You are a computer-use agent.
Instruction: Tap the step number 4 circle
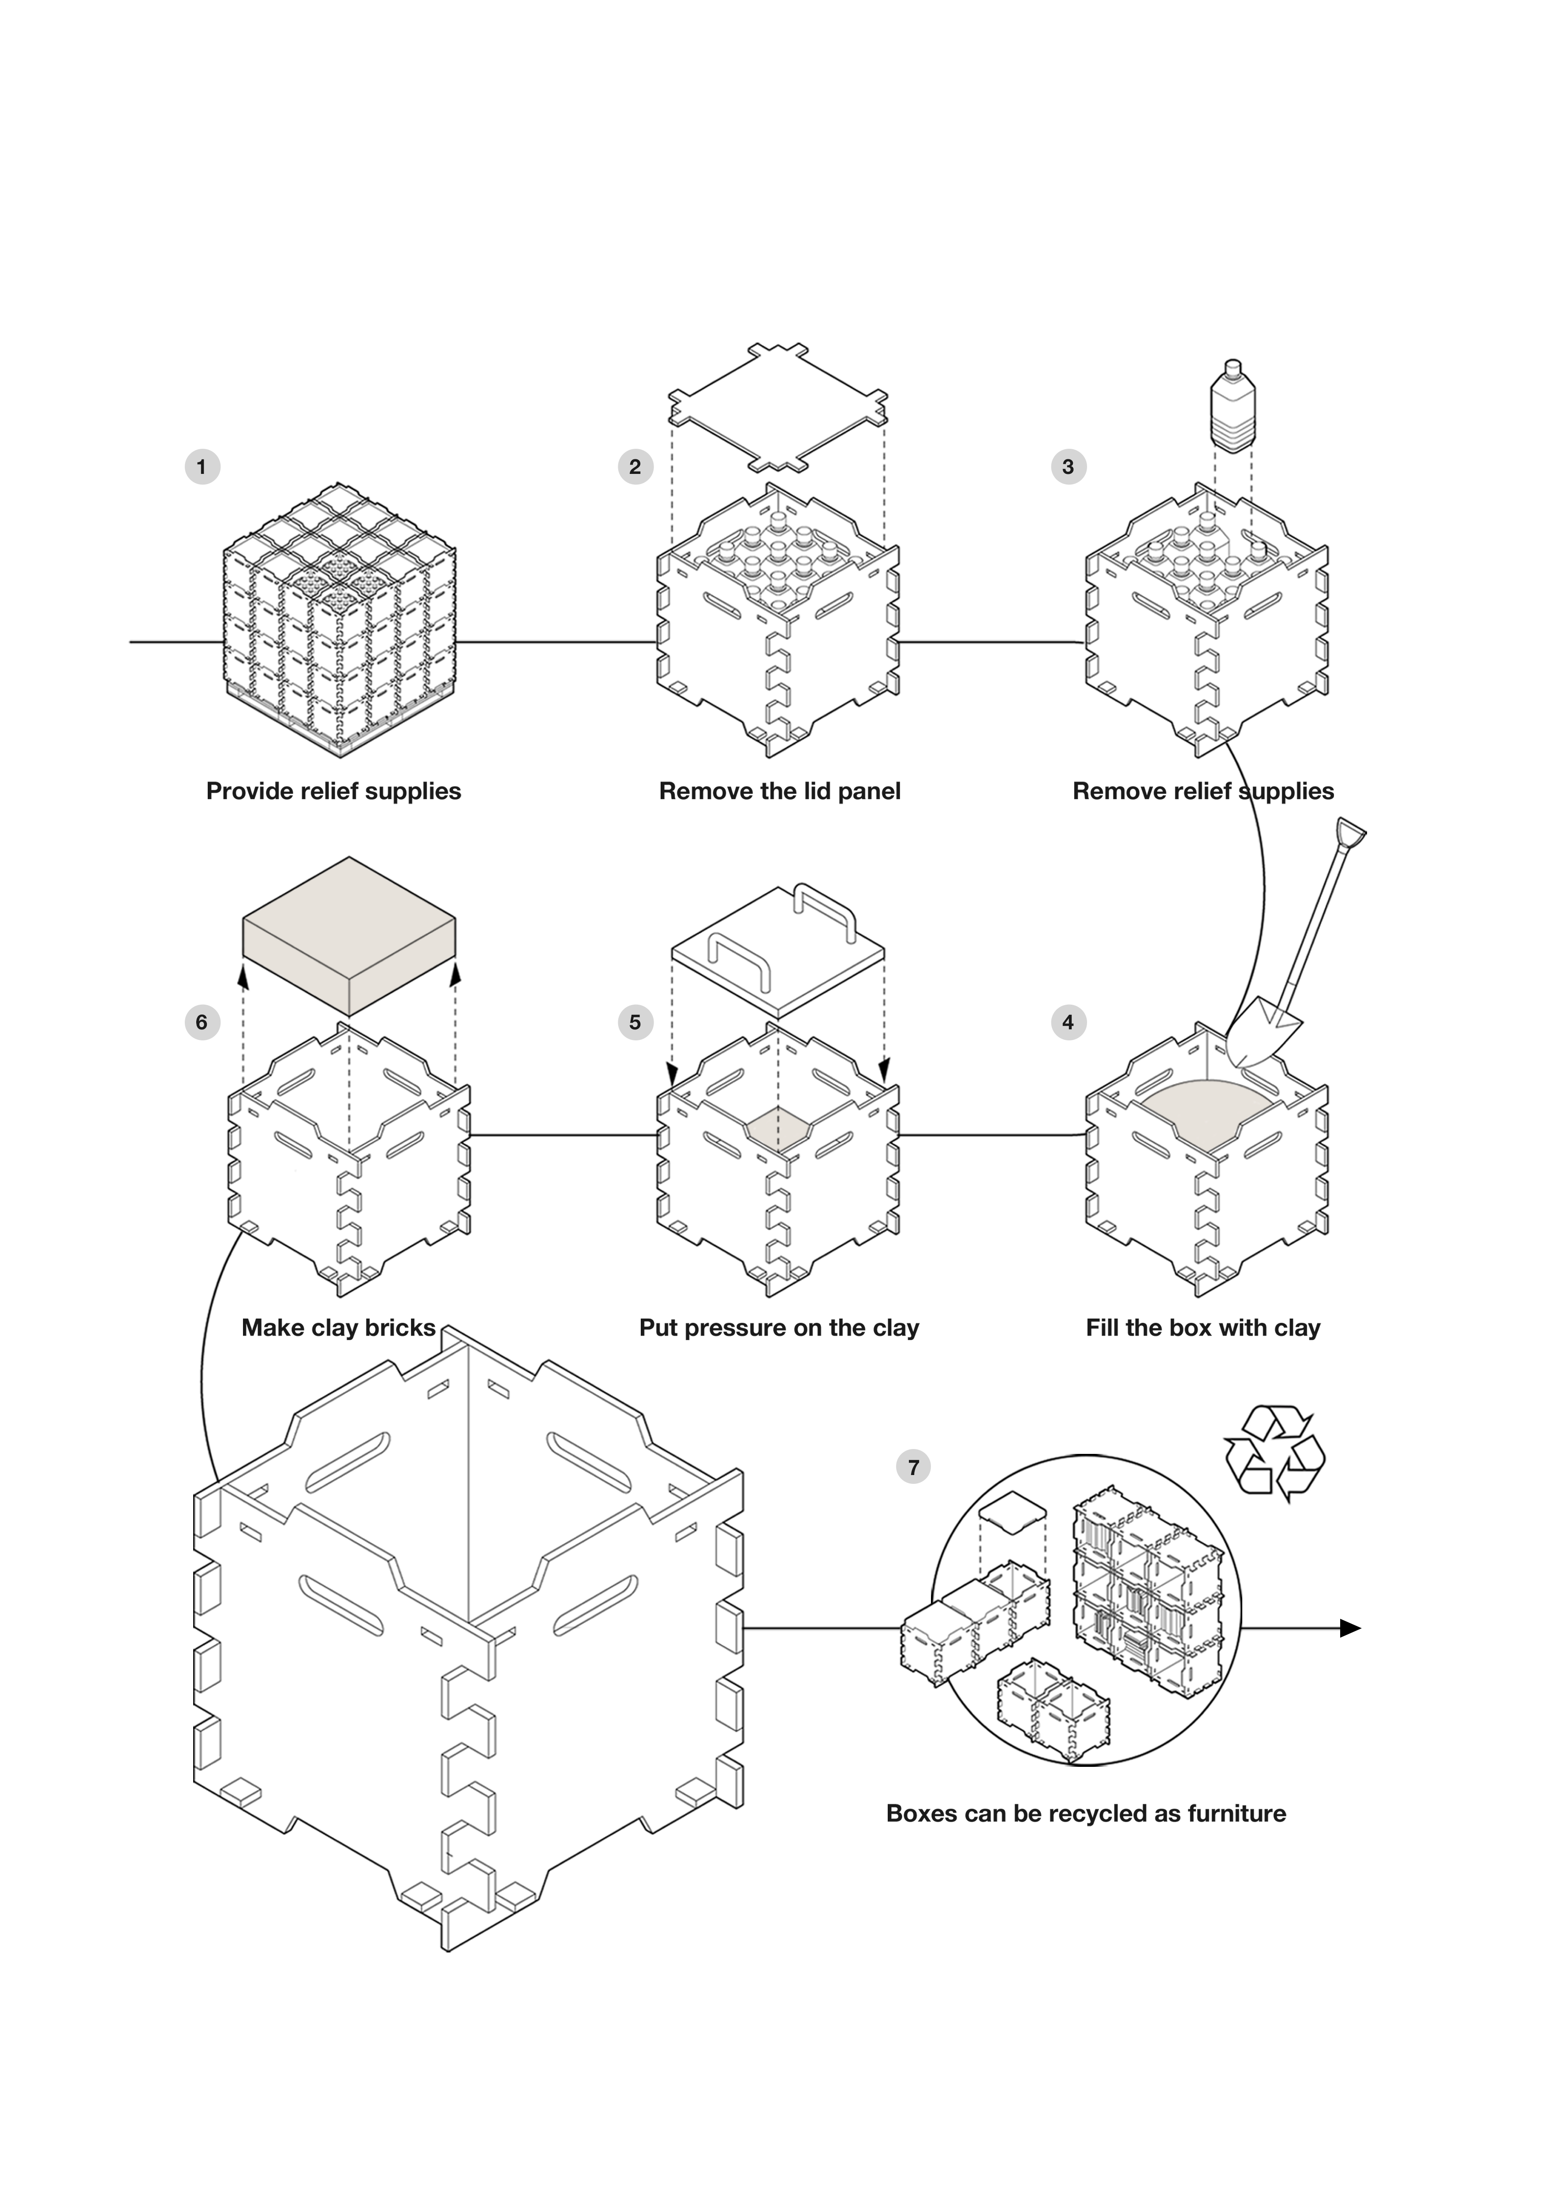1068,1022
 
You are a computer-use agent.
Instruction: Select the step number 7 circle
914,1467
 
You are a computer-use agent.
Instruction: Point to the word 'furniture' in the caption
1237,1813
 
